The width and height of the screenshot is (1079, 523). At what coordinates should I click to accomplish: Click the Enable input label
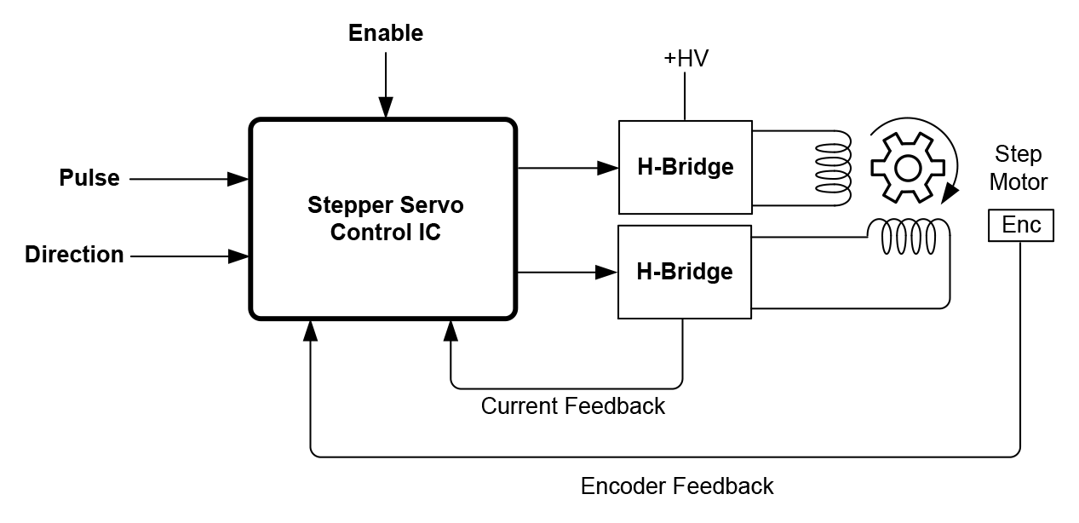386,33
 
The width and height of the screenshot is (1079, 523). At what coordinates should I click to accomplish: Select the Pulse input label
89,179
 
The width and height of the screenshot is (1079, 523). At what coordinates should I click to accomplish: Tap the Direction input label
74,255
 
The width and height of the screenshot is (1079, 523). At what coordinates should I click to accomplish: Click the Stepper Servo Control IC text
385,219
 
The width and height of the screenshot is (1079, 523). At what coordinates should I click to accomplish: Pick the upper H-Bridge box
685,167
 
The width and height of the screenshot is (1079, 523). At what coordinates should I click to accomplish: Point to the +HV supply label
686,59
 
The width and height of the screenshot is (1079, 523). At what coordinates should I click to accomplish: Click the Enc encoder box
1020,225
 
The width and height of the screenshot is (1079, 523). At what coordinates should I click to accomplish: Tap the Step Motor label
1018,168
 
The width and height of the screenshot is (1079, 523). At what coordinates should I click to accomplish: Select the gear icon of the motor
907,168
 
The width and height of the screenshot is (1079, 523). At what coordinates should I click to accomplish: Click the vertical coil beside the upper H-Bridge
833,168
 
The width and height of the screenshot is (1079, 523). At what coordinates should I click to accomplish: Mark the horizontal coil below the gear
908,237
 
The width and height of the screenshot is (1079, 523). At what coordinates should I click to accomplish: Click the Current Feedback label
572,406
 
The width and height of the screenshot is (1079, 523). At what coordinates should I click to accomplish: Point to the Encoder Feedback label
676,486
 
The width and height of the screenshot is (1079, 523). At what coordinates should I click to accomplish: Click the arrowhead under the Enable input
386,106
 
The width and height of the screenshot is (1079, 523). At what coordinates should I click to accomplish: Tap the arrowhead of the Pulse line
238,180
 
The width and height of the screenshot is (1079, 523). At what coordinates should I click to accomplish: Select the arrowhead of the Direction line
238,256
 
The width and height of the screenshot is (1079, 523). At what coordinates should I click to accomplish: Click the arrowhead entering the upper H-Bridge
606,168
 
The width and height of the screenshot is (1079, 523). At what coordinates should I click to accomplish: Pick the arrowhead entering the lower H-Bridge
606,273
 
